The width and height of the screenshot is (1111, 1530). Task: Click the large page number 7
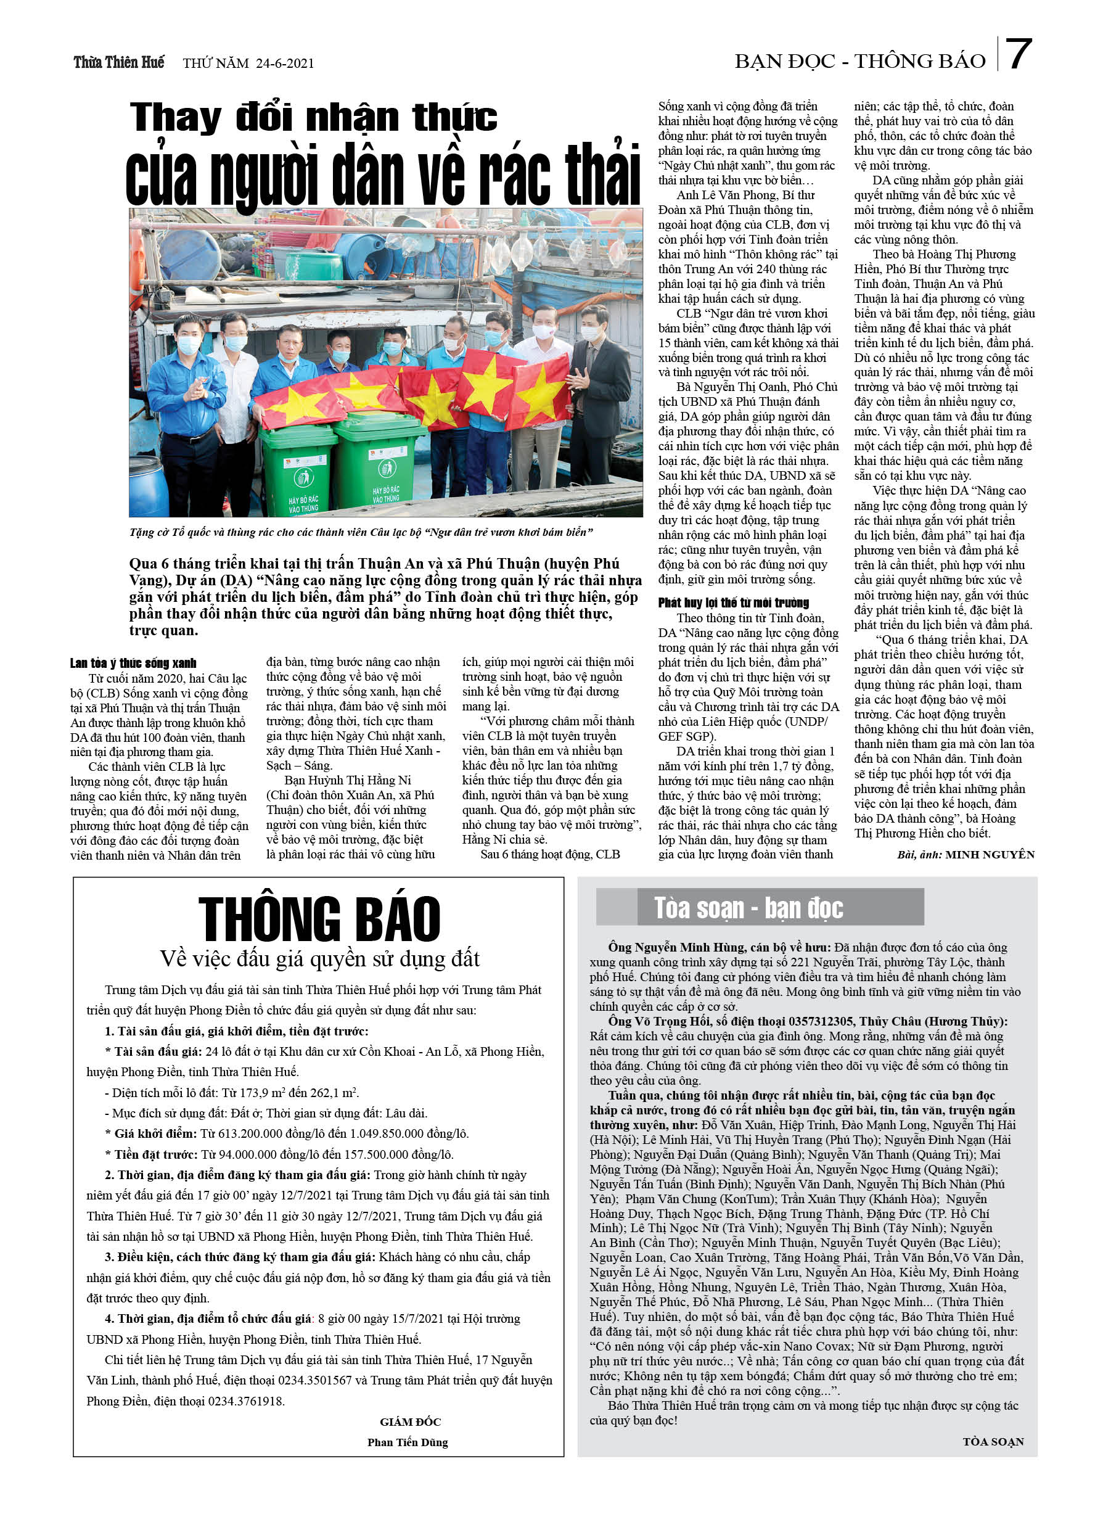point(1018,56)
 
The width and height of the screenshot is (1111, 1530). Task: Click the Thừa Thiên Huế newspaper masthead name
point(119,63)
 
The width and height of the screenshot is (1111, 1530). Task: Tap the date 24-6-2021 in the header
point(285,64)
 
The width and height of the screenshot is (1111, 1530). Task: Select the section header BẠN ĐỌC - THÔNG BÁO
point(860,62)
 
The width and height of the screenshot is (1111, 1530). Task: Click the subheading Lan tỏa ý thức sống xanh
point(133,663)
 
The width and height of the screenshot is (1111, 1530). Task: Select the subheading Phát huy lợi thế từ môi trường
point(733,603)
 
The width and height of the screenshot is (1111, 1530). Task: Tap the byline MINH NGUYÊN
point(990,855)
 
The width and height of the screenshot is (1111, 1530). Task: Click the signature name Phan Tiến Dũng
point(408,1442)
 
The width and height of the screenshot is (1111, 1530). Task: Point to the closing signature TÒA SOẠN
point(993,1442)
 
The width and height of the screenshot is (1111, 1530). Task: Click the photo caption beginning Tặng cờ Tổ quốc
point(361,532)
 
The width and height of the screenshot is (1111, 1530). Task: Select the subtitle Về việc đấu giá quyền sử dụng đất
point(319,958)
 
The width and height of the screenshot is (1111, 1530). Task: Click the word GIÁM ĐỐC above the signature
point(410,1422)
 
